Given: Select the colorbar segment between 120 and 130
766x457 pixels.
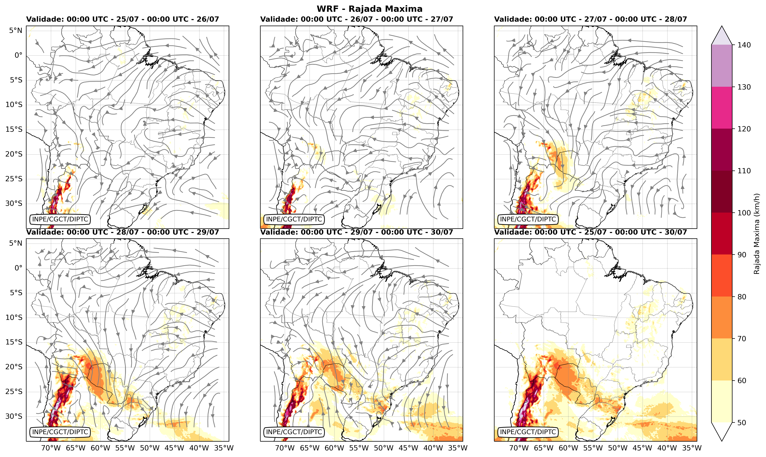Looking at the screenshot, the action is pyautogui.click(x=722, y=108).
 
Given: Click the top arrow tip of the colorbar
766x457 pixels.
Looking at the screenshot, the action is pyautogui.click(x=722, y=26).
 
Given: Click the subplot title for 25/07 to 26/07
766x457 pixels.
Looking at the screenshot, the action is pyautogui.click(x=123, y=19).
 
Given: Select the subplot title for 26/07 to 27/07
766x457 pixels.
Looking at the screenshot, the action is pyautogui.click(x=357, y=19).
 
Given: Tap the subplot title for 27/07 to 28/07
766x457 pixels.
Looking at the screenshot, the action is pyautogui.click(x=590, y=19).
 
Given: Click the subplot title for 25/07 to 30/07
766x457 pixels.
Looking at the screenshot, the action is pyautogui.click(x=590, y=232).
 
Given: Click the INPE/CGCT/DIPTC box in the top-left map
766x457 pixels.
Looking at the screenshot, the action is pyautogui.click(x=60, y=219).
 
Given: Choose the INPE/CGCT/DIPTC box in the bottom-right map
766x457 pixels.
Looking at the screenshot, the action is pyautogui.click(x=528, y=432).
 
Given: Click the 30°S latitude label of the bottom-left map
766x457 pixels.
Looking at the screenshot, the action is pyautogui.click(x=14, y=416).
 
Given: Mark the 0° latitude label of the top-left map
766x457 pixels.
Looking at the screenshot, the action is pyautogui.click(x=19, y=55).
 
